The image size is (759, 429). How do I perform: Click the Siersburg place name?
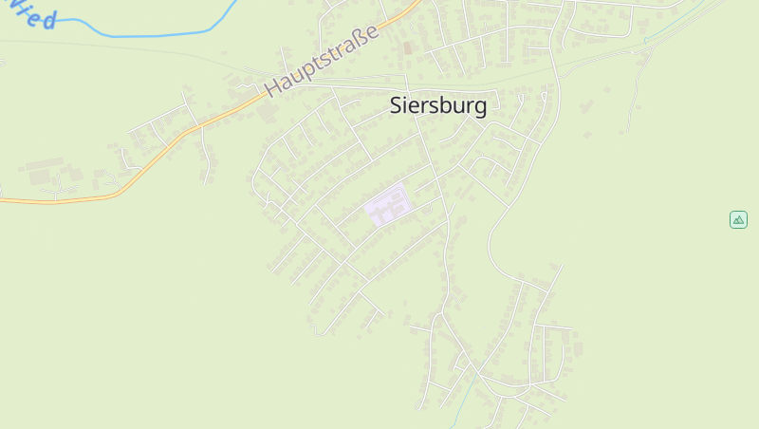tap(438, 105)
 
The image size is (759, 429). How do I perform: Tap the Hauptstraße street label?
tap(323, 59)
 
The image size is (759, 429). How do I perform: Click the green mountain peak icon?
tap(738, 219)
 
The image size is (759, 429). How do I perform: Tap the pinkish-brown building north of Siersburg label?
tap(408, 47)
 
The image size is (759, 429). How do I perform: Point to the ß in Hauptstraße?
tap(361, 36)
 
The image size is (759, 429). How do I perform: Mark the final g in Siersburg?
tap(481, 107)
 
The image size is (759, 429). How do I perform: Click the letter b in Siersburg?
tap(444, 105)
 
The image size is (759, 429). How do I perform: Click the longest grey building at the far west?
tap(44, 164)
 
